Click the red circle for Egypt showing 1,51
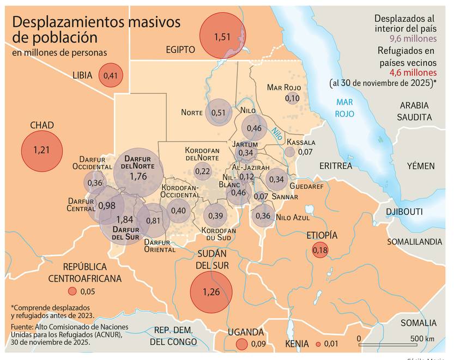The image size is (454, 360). [x=222, y=37]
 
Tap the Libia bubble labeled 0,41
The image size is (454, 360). [x=110, y=75]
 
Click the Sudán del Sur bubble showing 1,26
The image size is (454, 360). [x=211, y=292]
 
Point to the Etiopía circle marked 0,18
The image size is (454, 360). [x=320, y=250]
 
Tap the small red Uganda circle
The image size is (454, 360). [x=241, y=344]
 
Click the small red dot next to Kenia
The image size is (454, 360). [x=318, y=344]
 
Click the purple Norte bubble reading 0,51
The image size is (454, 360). [x=218, y=113]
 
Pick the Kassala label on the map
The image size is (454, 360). [x=301, y=142]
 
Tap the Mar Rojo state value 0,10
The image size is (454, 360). [x=292, y=99]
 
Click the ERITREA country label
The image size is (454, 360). [x=336, y=165]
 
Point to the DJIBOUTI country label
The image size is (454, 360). [x=404, y=211]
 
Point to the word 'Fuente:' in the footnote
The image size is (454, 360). [x=23, y=326]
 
